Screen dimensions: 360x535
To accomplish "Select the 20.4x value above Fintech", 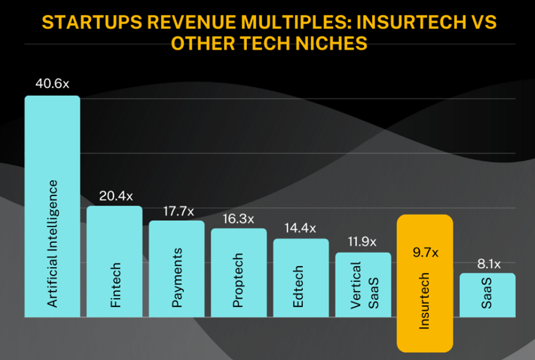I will click(x=115, y=196).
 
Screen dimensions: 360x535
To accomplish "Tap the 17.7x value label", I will click(x=177, y=211).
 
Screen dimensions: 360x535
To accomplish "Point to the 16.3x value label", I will click(x=239, y=218).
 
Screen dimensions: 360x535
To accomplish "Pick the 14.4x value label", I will click(x=301, y=229).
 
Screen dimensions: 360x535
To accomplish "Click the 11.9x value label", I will click(x=363, y=242).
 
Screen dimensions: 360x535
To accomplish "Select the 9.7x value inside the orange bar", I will click(x=425, y=254).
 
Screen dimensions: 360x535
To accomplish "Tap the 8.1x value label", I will click(x=487, y=263).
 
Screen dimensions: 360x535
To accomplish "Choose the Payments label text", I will click(x=177, y=278).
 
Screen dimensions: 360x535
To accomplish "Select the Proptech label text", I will click(x=238, y=280).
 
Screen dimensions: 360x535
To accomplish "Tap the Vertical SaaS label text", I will click(x=363, y=285).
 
